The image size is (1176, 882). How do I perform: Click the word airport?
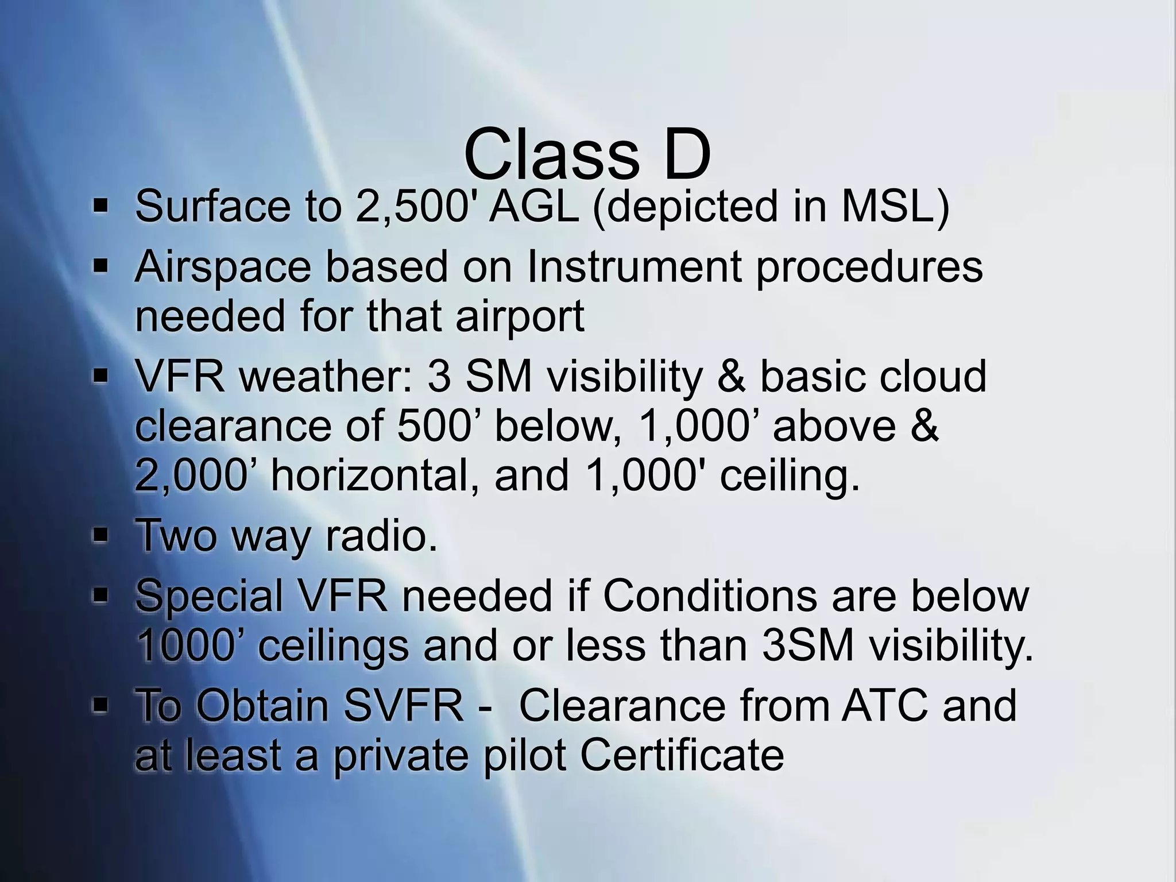pyautogui.click(x=520, y=316)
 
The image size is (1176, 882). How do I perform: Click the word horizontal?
pyautogui.click(x=374, y=475)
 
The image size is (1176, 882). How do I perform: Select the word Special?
pyautogui.click(x=209, y=595)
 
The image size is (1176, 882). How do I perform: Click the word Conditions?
pyautogui.click(x=710, y=595)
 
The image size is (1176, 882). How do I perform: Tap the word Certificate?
pyautogui.click(x=682, y=755)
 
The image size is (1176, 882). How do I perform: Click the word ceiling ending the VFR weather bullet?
pyautogui.click(x=790, y=475)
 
